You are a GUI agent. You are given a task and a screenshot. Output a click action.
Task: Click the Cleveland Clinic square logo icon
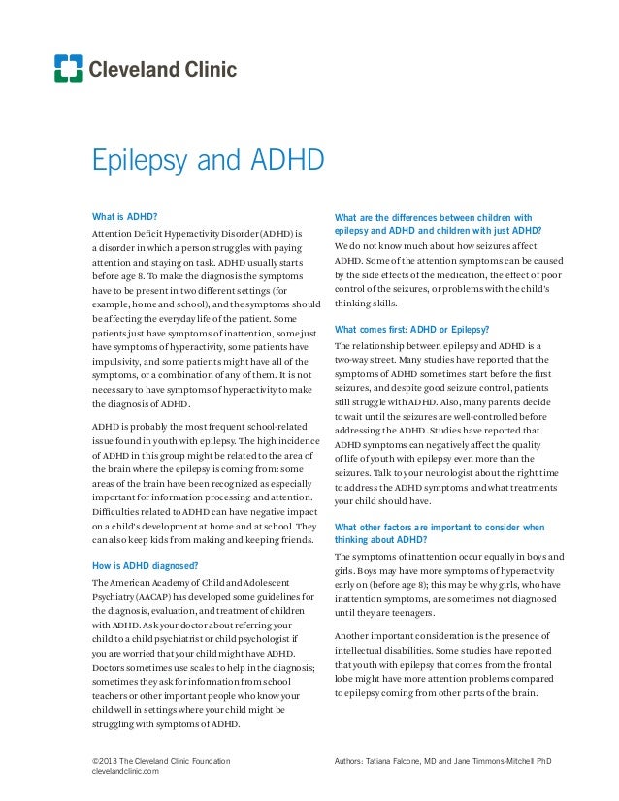[x=69, y=69]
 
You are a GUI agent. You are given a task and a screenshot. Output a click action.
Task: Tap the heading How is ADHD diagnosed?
[x=147, y=563]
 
